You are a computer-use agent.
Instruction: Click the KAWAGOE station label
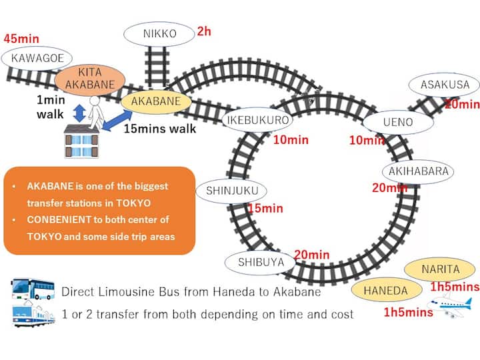37,58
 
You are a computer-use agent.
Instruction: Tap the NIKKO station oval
160,33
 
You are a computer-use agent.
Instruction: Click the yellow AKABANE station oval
156,101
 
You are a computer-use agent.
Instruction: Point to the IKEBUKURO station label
257,121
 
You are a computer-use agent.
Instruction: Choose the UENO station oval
398,122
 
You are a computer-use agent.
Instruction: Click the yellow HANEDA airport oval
385,291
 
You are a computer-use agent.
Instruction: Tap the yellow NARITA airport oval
440,269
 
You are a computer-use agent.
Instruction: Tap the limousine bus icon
33,289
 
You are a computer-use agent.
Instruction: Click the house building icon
81,141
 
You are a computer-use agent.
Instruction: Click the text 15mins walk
160,129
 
